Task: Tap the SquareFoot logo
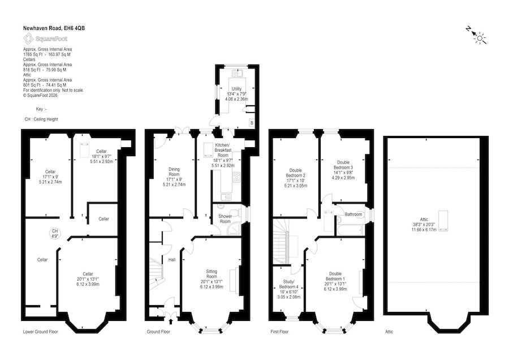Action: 45,39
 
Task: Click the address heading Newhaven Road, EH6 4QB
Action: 54,28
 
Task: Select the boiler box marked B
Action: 252,123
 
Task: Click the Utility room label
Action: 236,94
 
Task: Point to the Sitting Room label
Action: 212,279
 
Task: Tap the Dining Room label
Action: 174,177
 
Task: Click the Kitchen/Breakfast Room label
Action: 223,155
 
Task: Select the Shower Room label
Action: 225,218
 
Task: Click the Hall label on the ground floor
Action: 172,260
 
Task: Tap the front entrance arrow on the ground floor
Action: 171,322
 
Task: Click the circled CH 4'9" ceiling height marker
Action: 55,233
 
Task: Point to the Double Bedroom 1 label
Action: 335,281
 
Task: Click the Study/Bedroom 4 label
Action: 288,289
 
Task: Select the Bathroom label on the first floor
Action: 353,215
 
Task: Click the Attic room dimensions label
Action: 424,225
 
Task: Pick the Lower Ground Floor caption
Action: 41,332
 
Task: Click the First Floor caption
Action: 279,332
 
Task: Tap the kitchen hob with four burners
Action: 236,177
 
